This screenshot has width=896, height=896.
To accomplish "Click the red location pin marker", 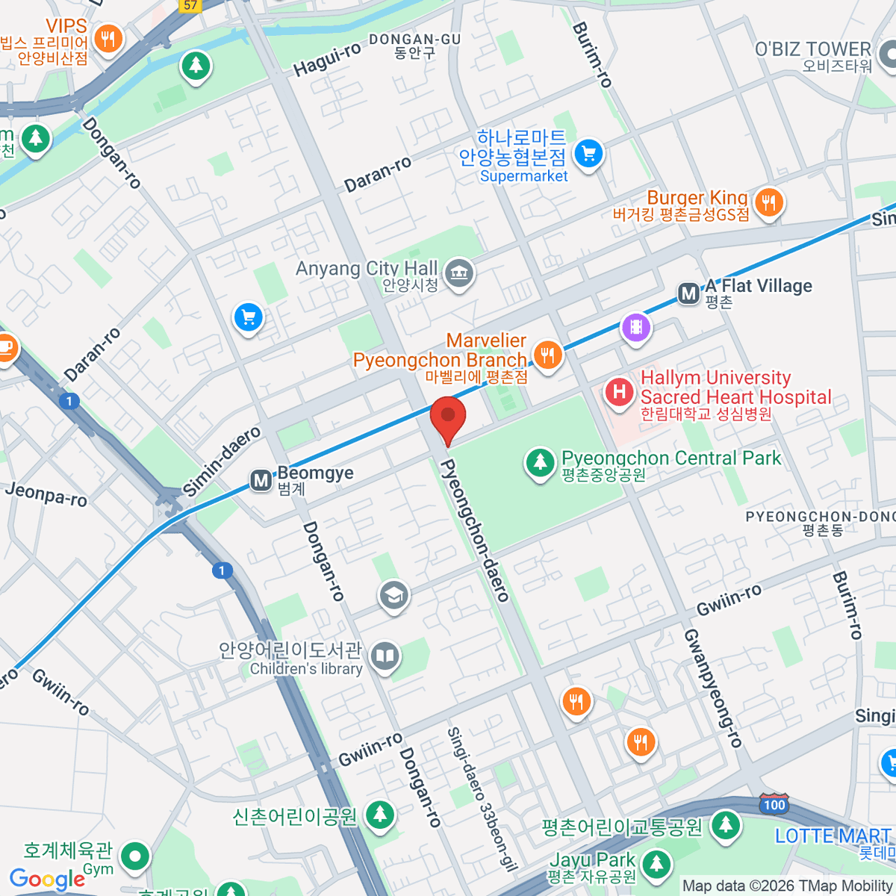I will (448, 418).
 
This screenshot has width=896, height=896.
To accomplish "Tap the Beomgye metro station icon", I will (261, 480).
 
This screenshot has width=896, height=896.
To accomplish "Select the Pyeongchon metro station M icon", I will (688, 293).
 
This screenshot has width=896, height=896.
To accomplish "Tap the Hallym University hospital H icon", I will (619, 391).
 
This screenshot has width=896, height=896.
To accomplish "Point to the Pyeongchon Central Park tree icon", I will (540, 461).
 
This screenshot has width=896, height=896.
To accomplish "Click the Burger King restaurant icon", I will (768, 202).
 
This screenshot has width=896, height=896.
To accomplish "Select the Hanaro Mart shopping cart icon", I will (588, 154).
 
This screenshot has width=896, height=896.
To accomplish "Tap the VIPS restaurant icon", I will (109, 38).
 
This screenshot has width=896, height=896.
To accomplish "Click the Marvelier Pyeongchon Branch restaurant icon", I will (548, 354).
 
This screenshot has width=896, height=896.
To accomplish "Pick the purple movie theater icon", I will (635, 327).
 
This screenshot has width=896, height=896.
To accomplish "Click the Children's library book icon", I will (385, 656).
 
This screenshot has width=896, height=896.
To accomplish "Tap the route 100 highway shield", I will (774, 804).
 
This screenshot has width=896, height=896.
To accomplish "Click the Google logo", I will (48, 880).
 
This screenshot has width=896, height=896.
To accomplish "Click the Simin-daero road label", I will (222, 461).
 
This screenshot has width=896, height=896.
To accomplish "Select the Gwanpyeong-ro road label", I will (713, 688).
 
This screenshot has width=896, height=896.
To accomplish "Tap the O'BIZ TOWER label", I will (812, 49).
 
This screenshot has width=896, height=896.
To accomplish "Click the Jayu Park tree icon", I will (656, 864).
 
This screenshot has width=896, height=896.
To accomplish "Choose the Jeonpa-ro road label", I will (46, 494).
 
